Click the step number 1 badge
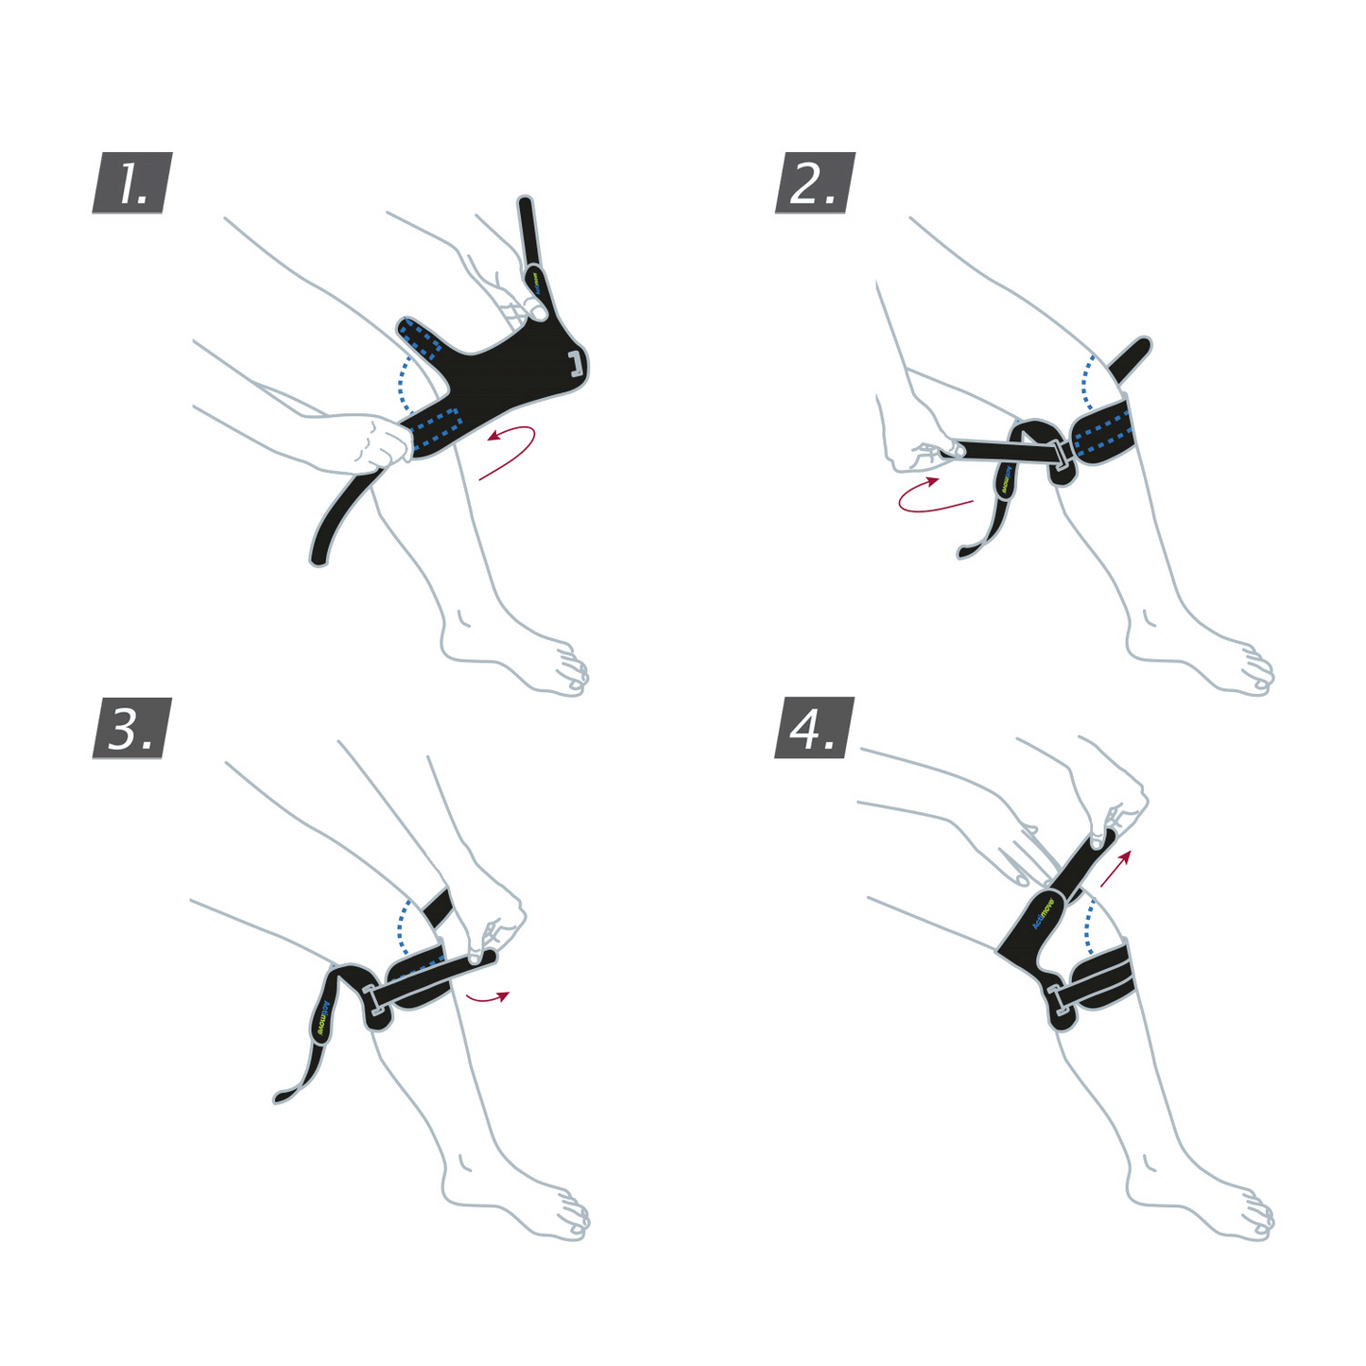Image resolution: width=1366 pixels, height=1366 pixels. [x=132, y=182]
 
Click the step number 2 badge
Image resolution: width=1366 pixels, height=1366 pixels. [x=815, y=182]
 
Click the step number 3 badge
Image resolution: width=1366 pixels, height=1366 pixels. [x=132, y=728]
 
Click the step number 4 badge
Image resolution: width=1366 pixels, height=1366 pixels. [x=815, y=728]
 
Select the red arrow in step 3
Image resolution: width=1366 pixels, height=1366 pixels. [x=488, y=995]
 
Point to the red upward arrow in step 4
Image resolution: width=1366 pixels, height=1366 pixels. [x=1115, y=868]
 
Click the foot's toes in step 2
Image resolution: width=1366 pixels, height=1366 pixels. [x=1255, y=669]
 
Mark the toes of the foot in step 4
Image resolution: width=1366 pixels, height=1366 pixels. [x=1255, y=1215]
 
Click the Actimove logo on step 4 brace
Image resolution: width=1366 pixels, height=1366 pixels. [x=1044, y=914]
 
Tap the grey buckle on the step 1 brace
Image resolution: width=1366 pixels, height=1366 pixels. [x=577, y=363]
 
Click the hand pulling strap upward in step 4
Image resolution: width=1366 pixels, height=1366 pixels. [x=1115, y=799]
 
